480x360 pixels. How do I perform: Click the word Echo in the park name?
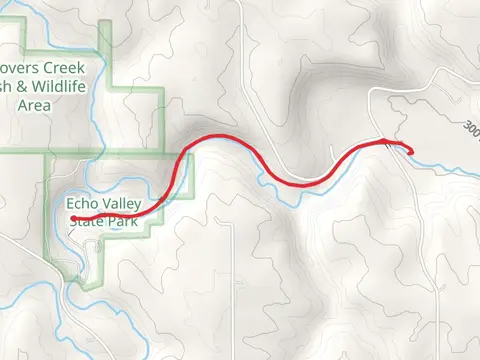click(x=84, y=203)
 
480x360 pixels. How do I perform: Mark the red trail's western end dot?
click(x=74, y=219)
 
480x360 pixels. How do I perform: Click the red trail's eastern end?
click(x=411, y=152)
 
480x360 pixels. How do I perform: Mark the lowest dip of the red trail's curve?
click(x=305, y=182)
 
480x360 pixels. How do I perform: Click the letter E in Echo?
click(x=72, y=203)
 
